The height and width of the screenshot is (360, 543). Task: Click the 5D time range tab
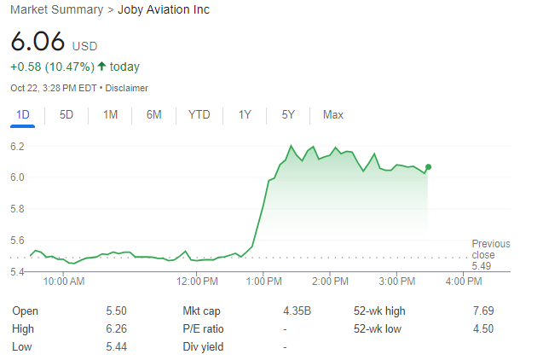(x=66, y=114)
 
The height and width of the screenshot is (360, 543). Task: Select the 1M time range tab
(x=110, y=114)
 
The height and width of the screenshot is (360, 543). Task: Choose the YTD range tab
(x=199, y=114)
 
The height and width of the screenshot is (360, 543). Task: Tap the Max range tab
(x=332, y=114)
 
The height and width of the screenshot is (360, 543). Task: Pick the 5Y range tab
(x=288, y=114)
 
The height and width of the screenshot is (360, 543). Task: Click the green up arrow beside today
(x=102, y=67)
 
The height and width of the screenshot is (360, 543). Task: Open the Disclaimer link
(x=127, y=88)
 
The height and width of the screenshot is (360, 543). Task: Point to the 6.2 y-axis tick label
(x=17, y=147)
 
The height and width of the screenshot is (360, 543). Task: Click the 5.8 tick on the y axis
(x=17, y=209)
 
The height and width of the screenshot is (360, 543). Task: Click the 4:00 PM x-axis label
(x=464, y=281)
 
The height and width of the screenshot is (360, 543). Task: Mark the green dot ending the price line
(x=428, y=167)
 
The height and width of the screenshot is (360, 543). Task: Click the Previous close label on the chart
(x=490, y=249)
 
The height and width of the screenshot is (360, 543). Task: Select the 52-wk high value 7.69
(x=483, y=311)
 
